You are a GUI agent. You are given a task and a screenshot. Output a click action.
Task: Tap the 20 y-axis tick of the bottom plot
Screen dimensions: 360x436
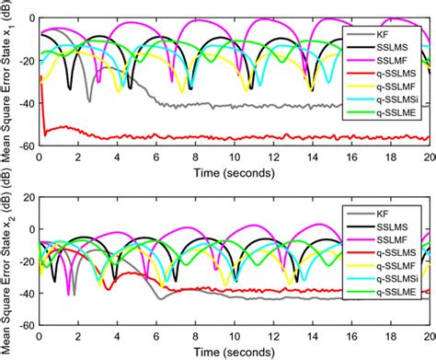click(27, 197)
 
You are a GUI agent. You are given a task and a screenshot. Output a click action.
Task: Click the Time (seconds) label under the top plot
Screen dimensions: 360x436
click(234, 170)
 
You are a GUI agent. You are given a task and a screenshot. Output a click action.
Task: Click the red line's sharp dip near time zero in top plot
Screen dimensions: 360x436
click(44, 134)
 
